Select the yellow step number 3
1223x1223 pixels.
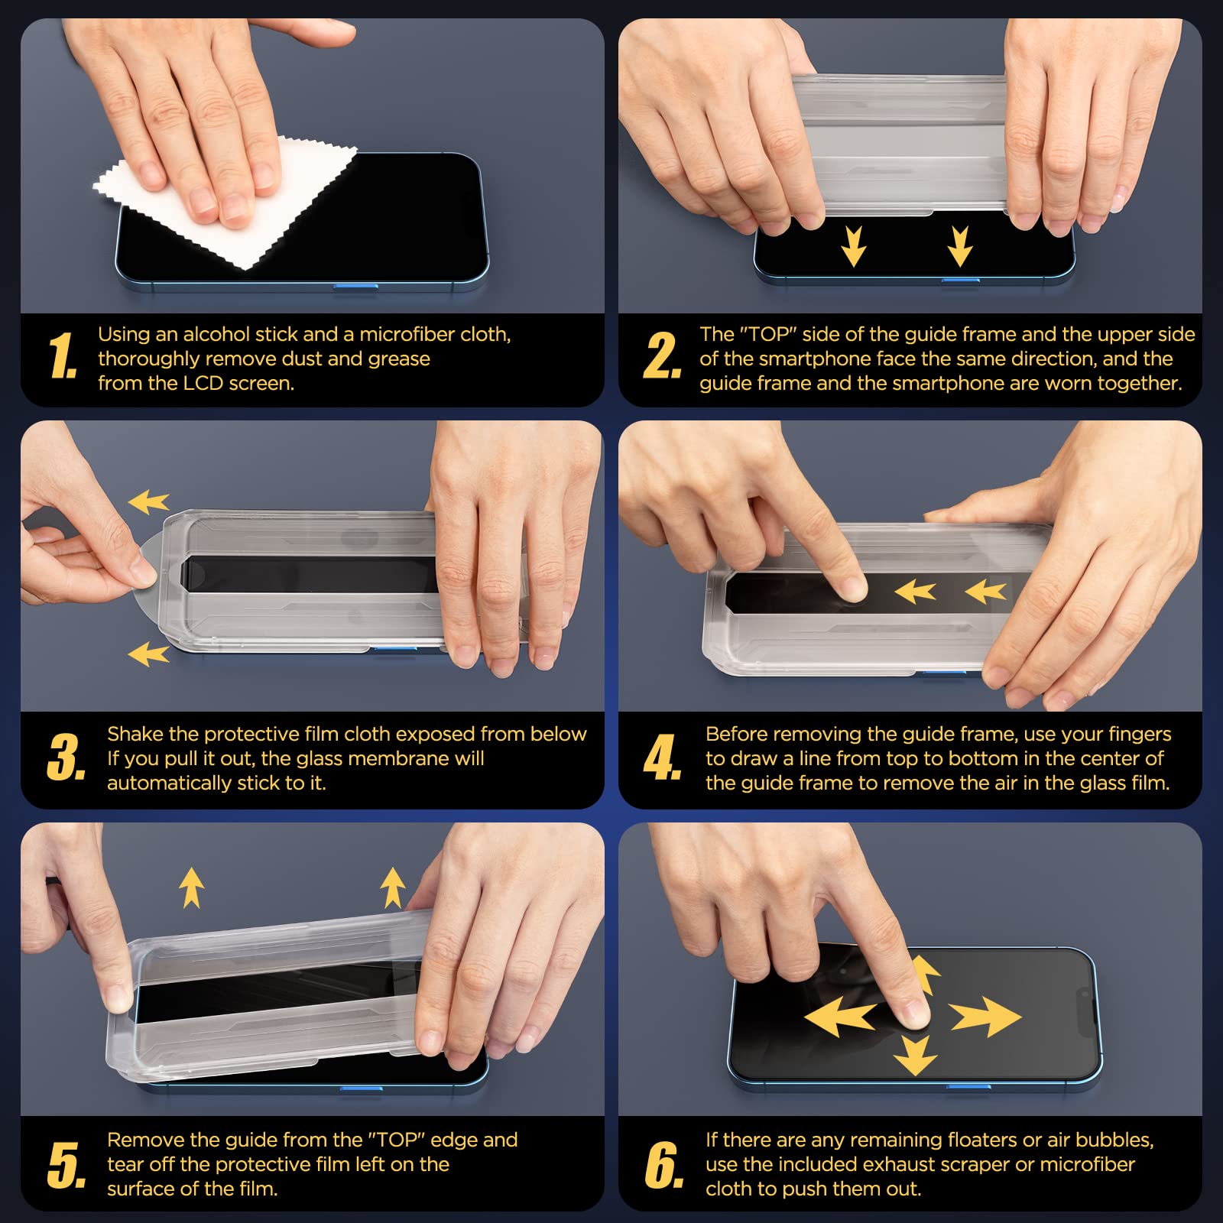tap(67, 757)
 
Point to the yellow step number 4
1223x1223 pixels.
tap(662, 757)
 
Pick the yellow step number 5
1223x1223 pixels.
tap(67, 1166)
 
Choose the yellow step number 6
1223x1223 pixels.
tap(663, 1166)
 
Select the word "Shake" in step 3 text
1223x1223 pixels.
tap(135, 734)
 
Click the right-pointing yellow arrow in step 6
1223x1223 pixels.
tap(985, 1016)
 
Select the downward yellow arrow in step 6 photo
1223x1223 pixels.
tap(915, 1056)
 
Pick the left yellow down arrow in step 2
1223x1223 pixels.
tap(853, 246)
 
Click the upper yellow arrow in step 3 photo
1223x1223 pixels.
tap(148, 502)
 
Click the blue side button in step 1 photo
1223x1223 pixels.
tap(355, 287)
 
